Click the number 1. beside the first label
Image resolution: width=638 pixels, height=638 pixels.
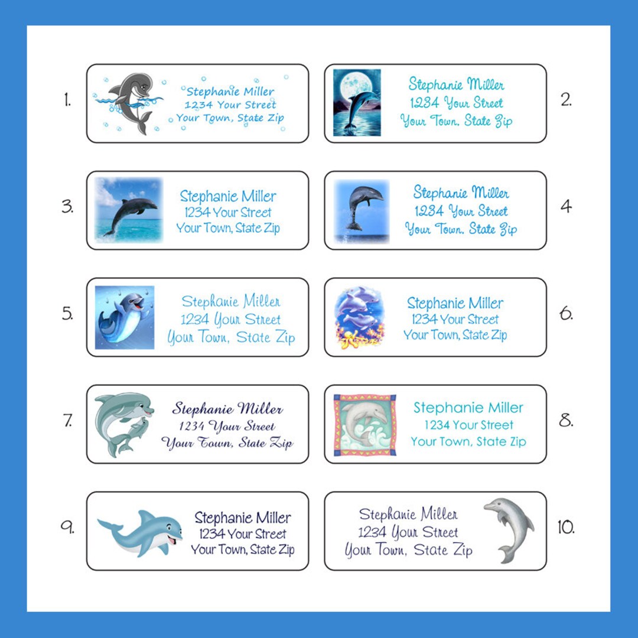[x=67, y=101]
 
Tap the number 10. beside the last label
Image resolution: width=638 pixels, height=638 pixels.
[x=566, y=528]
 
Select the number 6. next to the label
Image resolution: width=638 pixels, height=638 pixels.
[x=566, y=314]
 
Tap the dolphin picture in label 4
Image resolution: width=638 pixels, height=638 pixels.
[x=362, y=210]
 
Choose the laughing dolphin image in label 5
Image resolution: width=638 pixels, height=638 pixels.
[x=125, y=317]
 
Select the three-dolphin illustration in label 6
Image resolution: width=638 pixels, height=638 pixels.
[x=359, y=317]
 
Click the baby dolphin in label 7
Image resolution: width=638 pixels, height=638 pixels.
[x=132, y=436]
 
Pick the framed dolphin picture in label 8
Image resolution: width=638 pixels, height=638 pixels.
[x=364, y=425]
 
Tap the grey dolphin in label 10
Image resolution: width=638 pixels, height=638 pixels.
[x=510, y=528]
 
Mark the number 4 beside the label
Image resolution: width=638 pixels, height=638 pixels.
[x=565, y=207]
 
